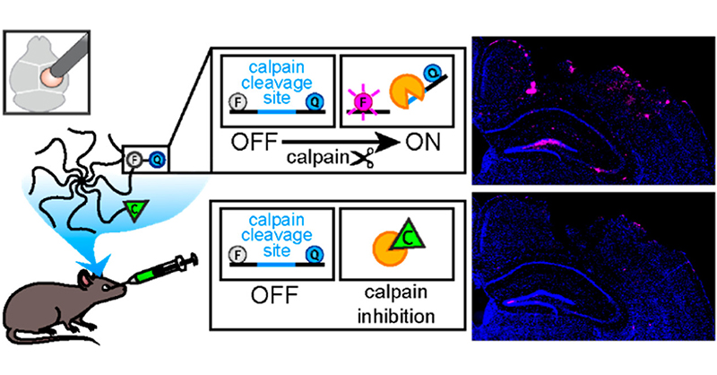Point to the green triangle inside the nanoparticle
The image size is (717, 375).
coord(133,210)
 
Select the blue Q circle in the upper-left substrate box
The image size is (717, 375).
coord(313,102)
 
